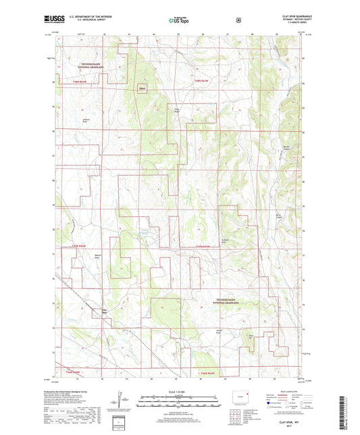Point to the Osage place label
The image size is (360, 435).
(142, 88)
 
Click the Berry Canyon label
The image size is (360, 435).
(278, 215)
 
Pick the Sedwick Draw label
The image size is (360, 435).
(226, 241)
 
